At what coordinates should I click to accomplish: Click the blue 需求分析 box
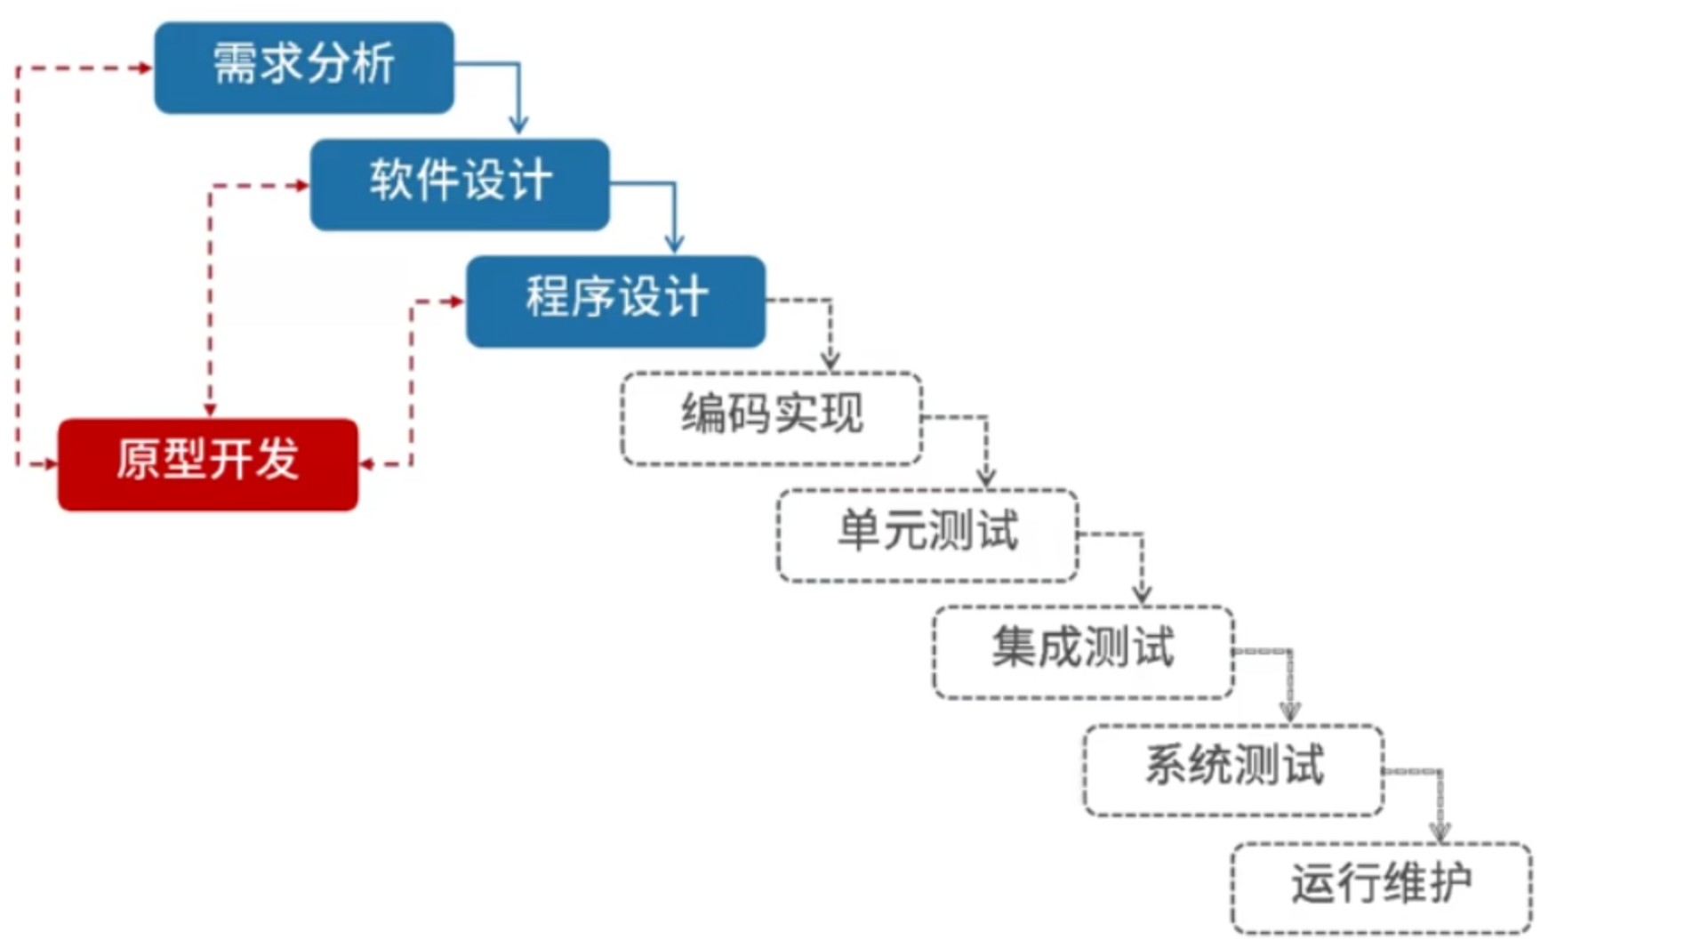304,68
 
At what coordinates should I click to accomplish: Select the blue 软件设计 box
460,184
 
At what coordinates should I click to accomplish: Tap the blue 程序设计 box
615,301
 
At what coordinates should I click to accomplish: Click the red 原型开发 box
208,463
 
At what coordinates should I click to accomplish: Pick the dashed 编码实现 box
772,418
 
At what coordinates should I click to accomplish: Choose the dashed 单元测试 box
927,534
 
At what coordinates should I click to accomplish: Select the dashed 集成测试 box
1083,652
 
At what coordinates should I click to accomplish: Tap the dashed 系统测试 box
1233,769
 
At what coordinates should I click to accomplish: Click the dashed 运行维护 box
1381,887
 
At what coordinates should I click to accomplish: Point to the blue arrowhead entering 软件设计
518,125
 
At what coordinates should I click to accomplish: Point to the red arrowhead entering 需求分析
145,68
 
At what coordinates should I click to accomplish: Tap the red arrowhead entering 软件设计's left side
301,185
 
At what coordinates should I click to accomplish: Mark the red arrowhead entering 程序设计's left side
457,301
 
